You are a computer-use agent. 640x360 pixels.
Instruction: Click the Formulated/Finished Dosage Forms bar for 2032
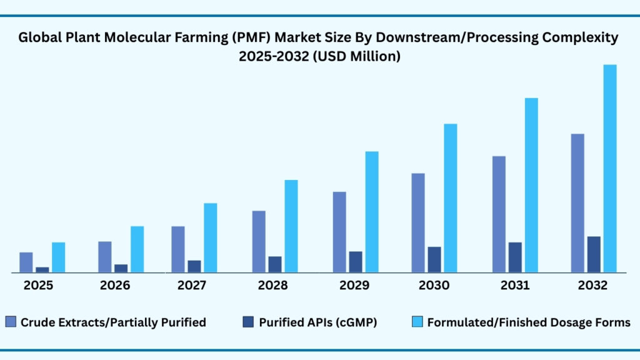tap(609, 169)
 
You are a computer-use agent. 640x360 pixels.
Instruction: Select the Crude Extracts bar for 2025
tap(26, 262)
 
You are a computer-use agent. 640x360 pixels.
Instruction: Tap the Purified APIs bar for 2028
tap(275, 264)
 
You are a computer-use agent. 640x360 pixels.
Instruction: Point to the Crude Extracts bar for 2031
tap(499, 214)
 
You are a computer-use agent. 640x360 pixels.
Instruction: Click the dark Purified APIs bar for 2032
tap(594, 254)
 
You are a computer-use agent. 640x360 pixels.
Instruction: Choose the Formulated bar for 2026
tap(137, 249)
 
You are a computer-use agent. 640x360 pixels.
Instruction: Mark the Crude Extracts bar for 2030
tap(418, 223)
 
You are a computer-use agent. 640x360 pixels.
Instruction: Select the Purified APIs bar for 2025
tap(42, 270)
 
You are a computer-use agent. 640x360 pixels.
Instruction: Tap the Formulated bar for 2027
tap(211, 238)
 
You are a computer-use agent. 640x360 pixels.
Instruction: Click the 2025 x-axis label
tap(39, 286)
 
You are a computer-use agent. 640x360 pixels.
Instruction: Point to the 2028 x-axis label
tap(272, 286)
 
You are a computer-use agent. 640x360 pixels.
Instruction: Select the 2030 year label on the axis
tap(434, 286)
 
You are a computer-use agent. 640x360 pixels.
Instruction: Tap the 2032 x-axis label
tap(592, 286)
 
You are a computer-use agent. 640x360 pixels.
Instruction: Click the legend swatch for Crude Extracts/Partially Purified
tap(11, 322)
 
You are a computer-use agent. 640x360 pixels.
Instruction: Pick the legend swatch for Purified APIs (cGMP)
tap(247, 322)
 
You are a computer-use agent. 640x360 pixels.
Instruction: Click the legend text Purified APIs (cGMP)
tap(318, 322)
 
